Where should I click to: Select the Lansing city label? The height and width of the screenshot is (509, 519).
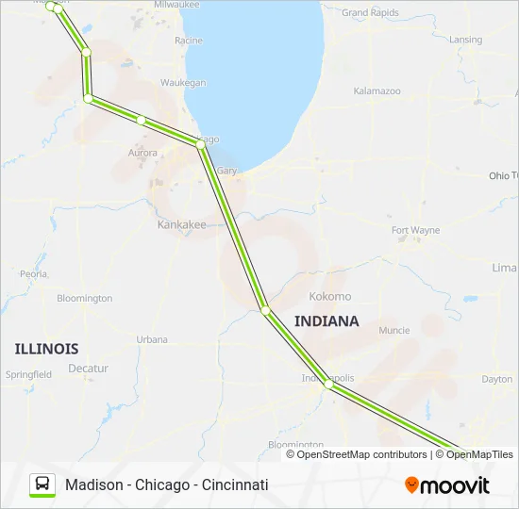[466, 40]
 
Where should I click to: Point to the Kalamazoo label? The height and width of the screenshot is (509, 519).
[377, 91]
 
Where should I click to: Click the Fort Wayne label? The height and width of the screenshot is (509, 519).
[416, 230]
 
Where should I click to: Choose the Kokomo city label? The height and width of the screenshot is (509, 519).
[329, 296]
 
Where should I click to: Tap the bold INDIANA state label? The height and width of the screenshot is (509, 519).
[326, 321]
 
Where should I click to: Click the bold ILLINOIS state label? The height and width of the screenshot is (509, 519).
[46, 349]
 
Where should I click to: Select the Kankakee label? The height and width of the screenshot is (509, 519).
[181, 225]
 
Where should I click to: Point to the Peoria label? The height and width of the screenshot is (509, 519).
[34, 273]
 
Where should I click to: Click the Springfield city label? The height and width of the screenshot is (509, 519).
[28, 374]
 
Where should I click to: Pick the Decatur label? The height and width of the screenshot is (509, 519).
[89, 369]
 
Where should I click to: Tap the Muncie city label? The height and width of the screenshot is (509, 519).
[393, 331]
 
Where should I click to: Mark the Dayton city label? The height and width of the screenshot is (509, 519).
[496, 379]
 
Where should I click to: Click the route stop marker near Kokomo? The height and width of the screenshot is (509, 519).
[266, 310]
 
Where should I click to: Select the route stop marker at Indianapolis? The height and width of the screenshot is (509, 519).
[327, 385]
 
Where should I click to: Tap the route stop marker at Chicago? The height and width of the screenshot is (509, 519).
[199, 144]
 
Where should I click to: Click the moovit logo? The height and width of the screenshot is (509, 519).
[447, 485]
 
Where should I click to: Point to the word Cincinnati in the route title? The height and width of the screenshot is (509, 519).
[235, 484]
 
